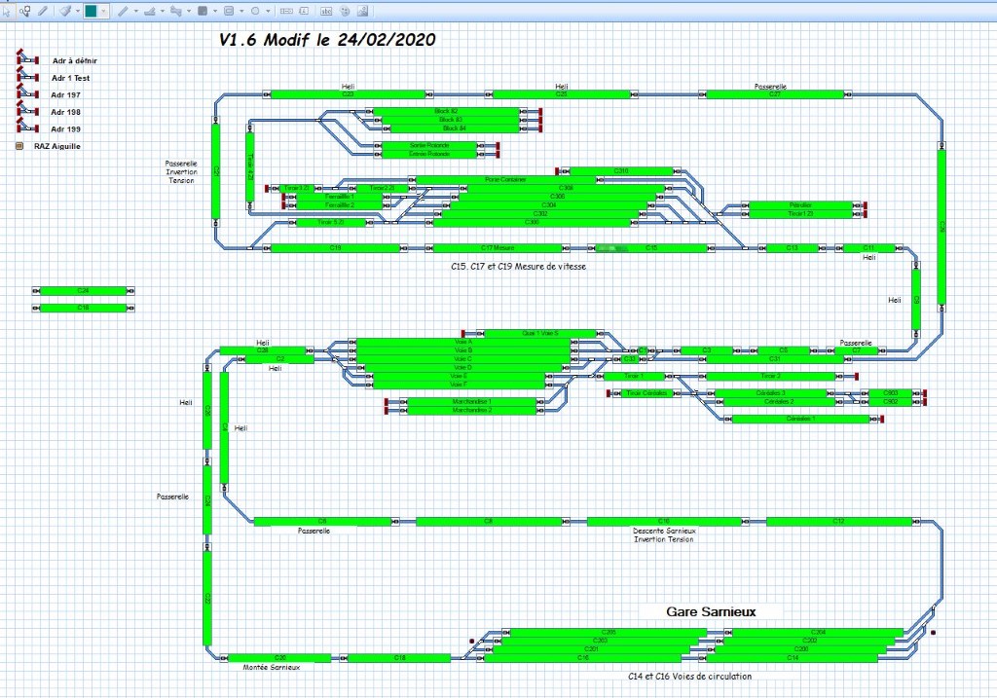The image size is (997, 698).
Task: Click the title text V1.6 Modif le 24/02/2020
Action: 327,40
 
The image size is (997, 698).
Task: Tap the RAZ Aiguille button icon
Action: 19,146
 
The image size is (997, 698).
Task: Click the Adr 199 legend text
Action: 66,129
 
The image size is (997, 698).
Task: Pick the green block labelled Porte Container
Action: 505,179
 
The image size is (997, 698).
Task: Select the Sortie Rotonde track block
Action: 428,145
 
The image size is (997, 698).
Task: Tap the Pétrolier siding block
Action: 800,204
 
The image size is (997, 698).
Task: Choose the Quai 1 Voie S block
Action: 527,333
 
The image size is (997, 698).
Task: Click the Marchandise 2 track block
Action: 472,410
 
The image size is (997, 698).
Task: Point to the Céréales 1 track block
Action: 800,419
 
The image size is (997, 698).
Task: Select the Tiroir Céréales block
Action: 646,393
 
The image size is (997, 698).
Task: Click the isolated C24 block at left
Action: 84,290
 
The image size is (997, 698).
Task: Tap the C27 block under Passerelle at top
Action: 774,94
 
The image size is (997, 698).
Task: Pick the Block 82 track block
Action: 446,111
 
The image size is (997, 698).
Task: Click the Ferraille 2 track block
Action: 338,205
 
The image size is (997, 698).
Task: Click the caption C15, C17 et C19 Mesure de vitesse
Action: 517,266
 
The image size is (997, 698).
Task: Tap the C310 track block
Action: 621,171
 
